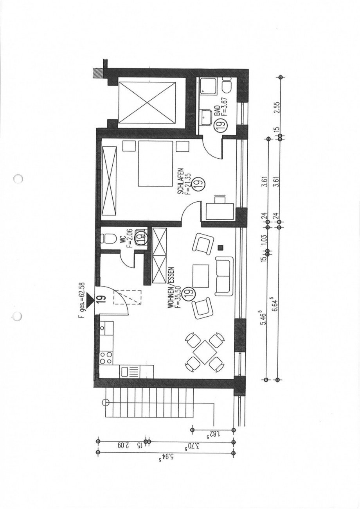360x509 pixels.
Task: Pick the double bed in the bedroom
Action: tap(155, 163)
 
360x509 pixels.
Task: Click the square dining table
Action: tap(204, 352)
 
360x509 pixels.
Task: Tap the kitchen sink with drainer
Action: tap(129, 370)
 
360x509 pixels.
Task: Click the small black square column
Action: tap(221, 247)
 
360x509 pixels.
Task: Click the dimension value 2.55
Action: tap(277, 106)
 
